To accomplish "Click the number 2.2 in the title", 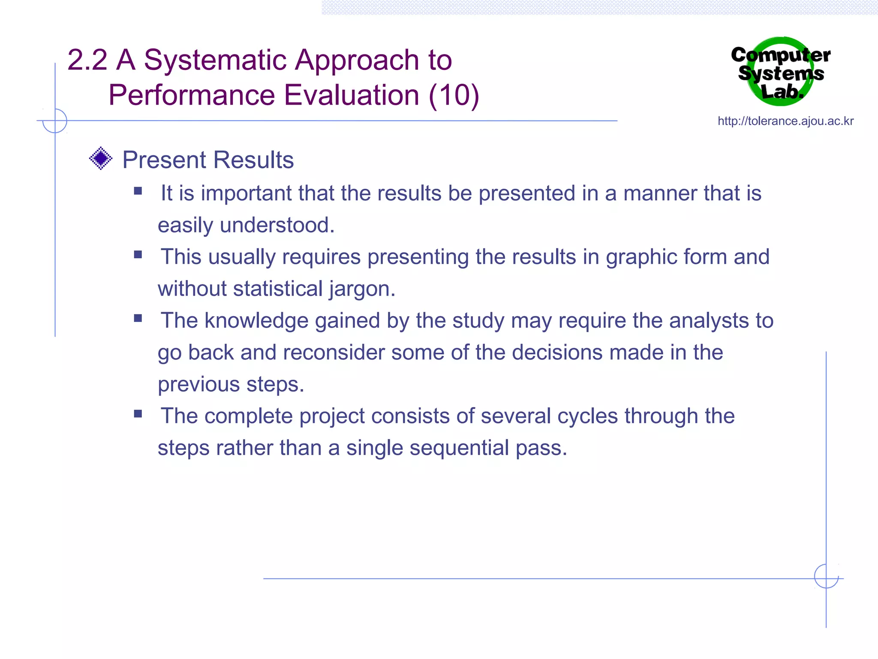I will [x=87, y=60].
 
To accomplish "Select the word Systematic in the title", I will [x=215, y=60].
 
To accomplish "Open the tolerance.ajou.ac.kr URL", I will [x=785, y=121].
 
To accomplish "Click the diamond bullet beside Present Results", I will [x=101, y=159].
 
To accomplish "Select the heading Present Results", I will [x=208, y=160].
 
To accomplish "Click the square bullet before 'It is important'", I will [x=138, y=191].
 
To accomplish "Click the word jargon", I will [x=362, y=289].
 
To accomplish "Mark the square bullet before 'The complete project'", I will [x=138, y=414].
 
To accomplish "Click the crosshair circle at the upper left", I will [x=55, y=121].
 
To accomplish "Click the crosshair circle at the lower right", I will [x=826, y=576].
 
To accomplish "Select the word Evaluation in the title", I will [x=352, y=95].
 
